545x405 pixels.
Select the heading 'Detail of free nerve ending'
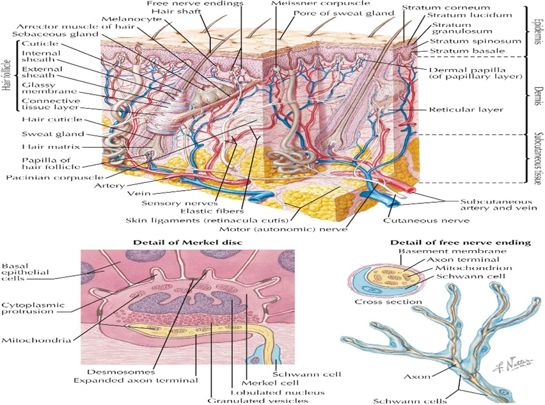pos(461,242)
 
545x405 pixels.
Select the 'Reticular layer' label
pos(466,109)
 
